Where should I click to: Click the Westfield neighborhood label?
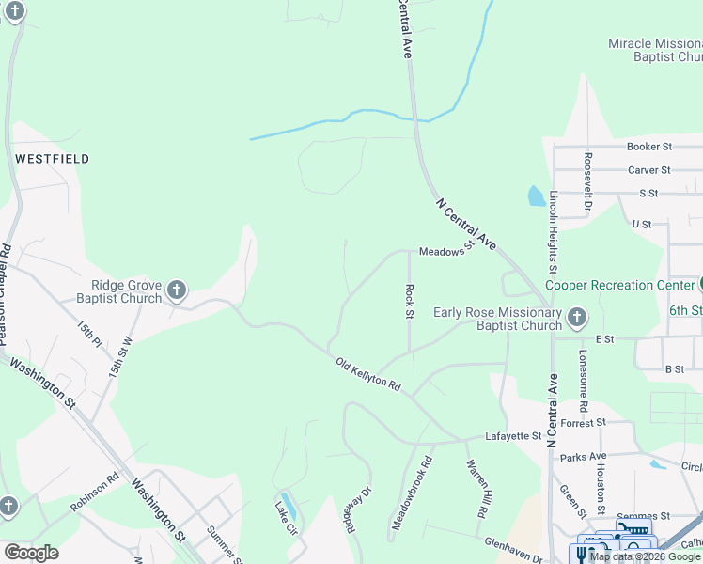point(52,159)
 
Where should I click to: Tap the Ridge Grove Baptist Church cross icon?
point(177,290)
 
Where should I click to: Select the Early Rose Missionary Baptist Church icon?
point(577,317)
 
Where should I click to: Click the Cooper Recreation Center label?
point(618,285)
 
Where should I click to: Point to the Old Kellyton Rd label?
point(369,373)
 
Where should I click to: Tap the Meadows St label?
point(444,252)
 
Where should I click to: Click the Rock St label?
point(409,301)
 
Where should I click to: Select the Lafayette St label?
point(513,436)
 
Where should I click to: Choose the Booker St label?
point(649,147)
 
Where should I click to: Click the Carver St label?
point(648,170)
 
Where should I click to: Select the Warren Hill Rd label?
point(476,490)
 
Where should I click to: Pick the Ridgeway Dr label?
point(354,510)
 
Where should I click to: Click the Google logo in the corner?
point(31,553)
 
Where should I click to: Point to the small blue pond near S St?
point(535,196)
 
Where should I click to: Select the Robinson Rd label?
point(95,491)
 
